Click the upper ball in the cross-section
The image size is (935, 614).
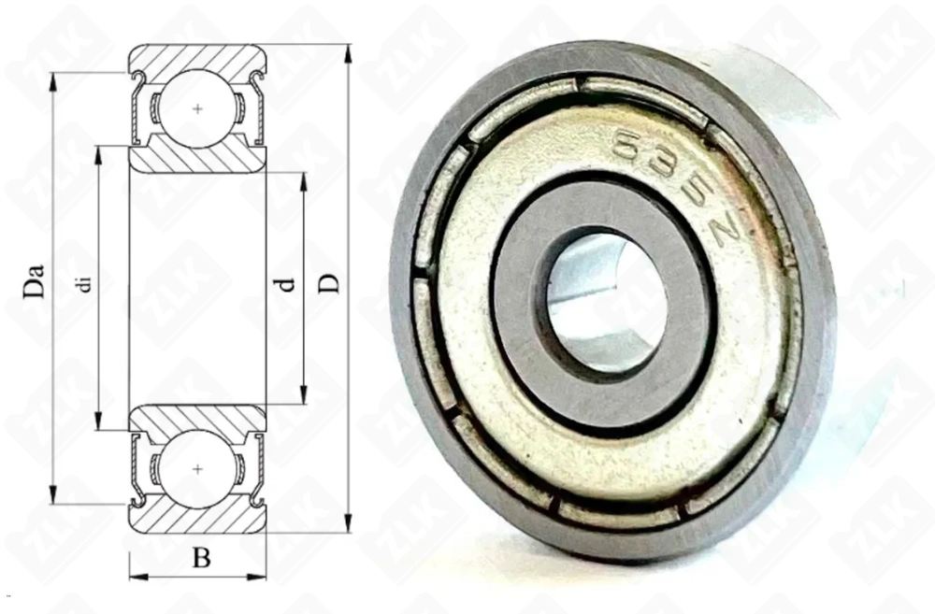pyautogui.click(x=196, y=109)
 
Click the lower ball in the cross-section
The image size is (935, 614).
pyautogui.click(x=196, y=466)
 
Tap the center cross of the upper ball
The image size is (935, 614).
pyautogui.click(x=196, y=109)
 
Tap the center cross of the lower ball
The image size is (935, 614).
pyautogui.click(x=196, y=466)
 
